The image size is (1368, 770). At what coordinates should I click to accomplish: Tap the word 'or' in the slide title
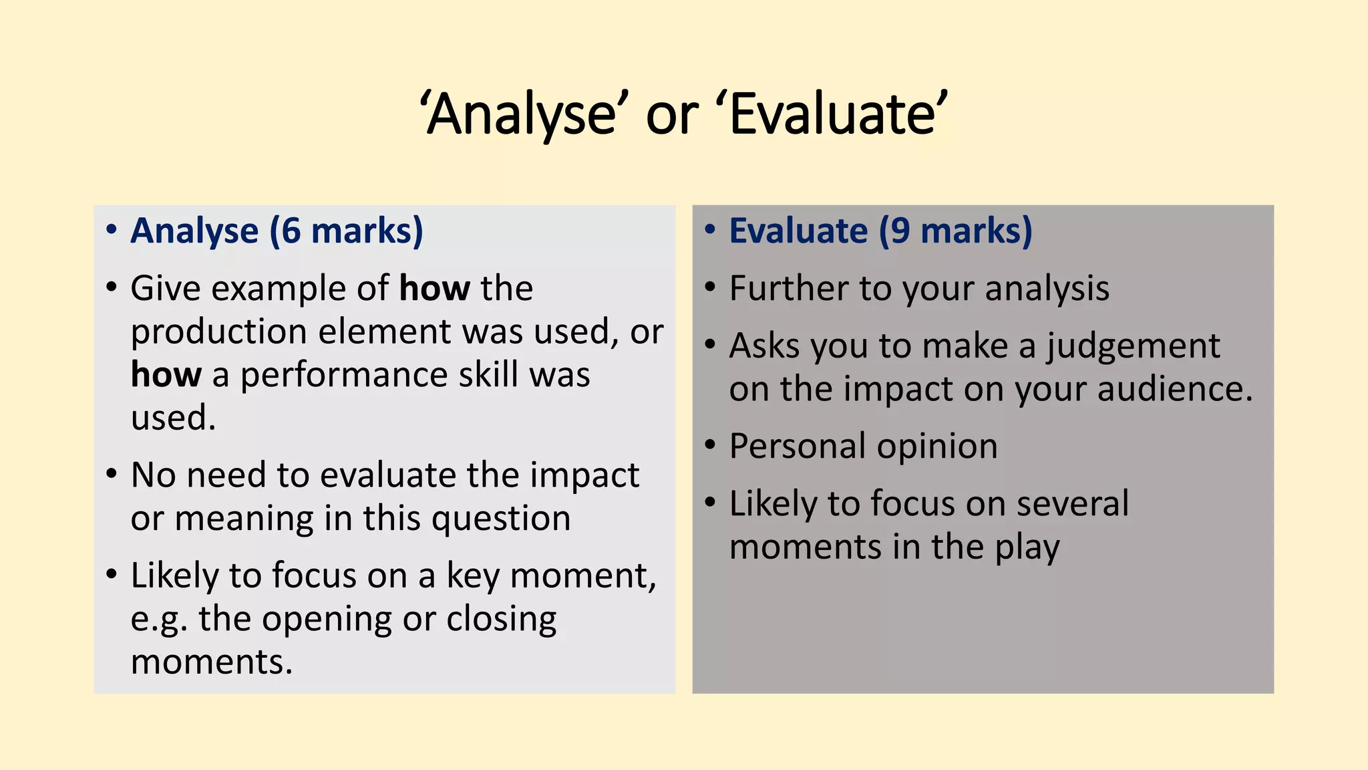[671, 116]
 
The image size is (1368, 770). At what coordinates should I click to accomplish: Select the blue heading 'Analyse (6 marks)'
[277, 231]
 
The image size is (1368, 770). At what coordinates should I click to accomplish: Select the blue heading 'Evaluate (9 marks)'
[880, 231]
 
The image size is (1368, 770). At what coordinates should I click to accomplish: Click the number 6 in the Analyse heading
[291, 231]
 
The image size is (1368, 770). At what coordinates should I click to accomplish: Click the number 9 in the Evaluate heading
[900, 231]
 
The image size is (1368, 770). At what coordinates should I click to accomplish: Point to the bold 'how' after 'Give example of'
[434, 289]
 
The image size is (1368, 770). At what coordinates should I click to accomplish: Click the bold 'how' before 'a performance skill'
[166, 374]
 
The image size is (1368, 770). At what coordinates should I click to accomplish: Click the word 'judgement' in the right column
[1133, 347]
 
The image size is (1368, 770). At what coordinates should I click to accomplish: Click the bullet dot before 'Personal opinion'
[710, 444]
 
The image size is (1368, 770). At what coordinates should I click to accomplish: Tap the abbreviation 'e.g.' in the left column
[158, 620]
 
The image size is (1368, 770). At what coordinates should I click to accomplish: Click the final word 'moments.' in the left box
[212, 662]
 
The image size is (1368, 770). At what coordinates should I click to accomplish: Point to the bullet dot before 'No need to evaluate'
[112, 473]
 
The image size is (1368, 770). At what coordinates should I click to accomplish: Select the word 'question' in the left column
[501, 519]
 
